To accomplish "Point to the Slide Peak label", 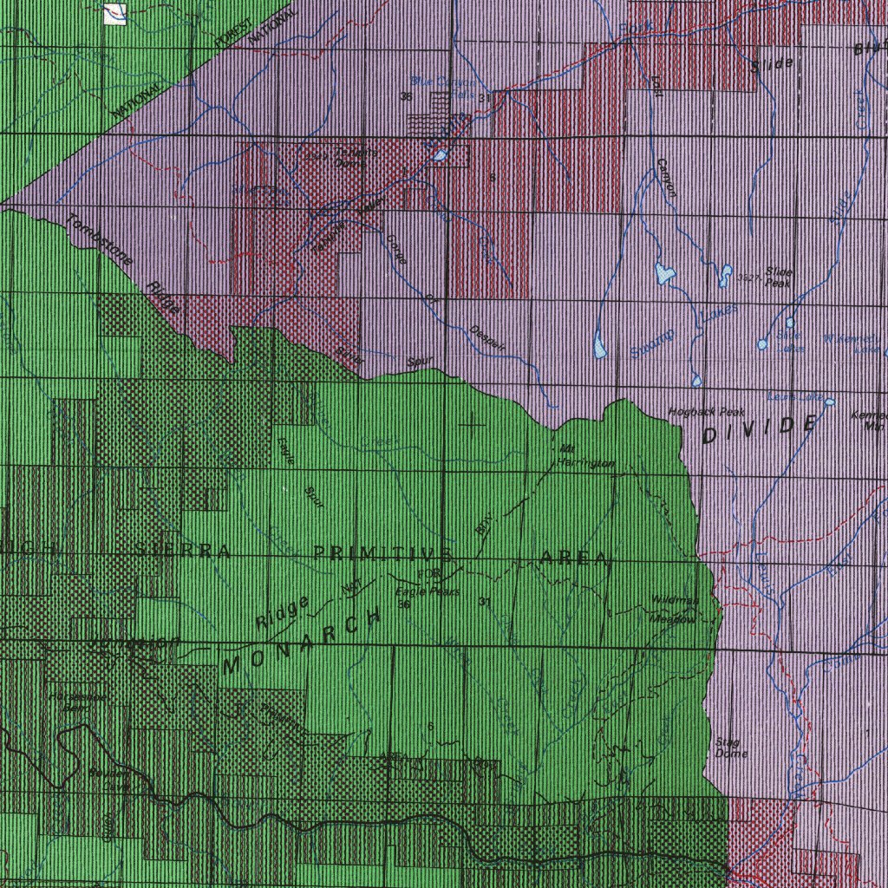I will (x=778, y=277).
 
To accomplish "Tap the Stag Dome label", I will (x=726, y=748).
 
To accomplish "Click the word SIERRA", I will (x=183, y=550).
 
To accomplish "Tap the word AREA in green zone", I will (x=575, y=557).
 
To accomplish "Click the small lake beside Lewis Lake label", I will (x=829, y=402).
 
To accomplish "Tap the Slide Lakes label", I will (x=789, y=341).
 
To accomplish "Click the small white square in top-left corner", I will (x=114, y=13).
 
